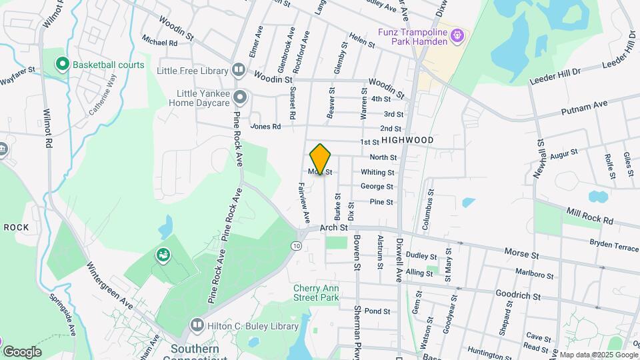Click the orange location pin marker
(x=320, y=159)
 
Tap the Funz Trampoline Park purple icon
(x=457, y=35)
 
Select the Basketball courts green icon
(x=63, y=65)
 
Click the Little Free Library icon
(x=239, y=70)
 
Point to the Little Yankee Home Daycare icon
(x=241, y=99)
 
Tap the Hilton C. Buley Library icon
(x=197, y=325)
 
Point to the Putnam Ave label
(x=585, y=105)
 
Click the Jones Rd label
(x=265, y=126)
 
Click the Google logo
(x=22, y=352)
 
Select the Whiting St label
(x=373, y=172)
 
